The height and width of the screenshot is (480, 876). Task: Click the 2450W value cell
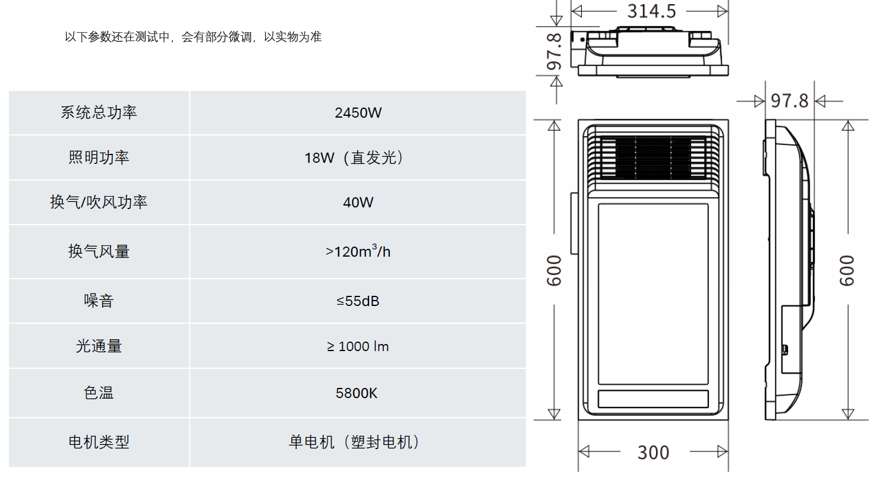[x=358, y=113]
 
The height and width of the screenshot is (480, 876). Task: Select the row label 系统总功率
[x=99, y=113]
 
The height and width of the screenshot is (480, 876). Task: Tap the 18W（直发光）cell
[x=358, y=158]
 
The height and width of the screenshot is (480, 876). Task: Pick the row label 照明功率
[x=99, y=158]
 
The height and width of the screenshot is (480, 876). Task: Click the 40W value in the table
[x=358, y=203]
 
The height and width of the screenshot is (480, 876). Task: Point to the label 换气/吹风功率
[x=99, y=203]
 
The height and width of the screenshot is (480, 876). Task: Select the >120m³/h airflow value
[x=358, y=251]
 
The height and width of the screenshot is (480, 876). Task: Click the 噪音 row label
[x=99, y=301]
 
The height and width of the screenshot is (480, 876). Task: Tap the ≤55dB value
[x=358, y=301]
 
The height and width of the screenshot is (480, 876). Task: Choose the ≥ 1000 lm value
[x=358, y=346]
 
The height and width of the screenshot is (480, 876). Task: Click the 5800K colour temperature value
[x=358, y=393]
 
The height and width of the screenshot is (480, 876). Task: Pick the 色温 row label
[x=99, y=393]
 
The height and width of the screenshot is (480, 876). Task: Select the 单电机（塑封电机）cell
[x=358, y=443]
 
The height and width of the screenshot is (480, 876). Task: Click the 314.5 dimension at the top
[x=652, y=11]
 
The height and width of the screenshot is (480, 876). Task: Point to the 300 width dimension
[x=653, y=453]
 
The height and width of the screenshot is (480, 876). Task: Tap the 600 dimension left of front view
[x=554, y=270]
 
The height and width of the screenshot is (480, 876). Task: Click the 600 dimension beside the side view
[x=847, y=270]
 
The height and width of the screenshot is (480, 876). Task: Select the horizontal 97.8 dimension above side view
[x=790, y=102]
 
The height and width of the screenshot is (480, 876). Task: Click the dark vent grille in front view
[x=653, y=157]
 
